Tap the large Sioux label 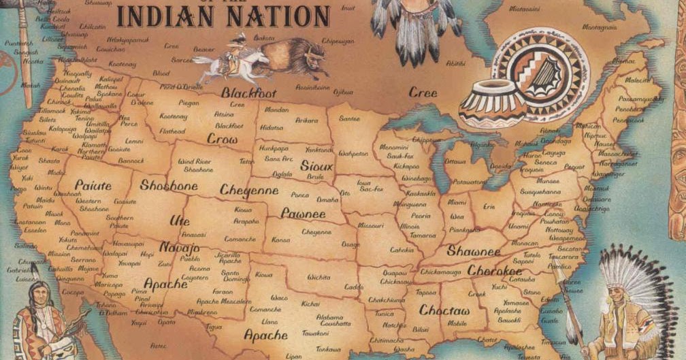tap(317, 166)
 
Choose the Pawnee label tap(303, 213)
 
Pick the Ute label tap(180, 220)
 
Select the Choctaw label tap(444, 310)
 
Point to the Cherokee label tap(495, 271)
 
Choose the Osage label tap(350, 244)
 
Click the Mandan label tap(276, 110)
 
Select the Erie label tap(489, 206)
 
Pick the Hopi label tap(147, 254)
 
